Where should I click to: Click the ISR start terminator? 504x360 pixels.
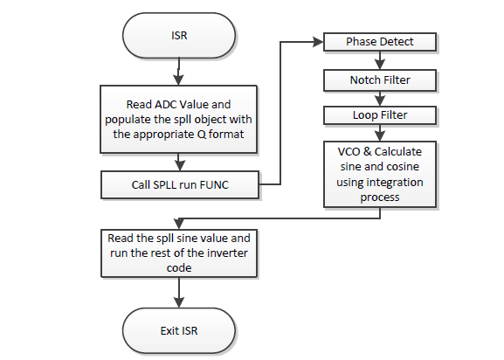pyautogui.click(x=178, y=36)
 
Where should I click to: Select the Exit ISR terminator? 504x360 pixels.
pyautogui.click(x=178, y=332)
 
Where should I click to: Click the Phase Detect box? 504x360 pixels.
pyautogui.click(x=379, y=42)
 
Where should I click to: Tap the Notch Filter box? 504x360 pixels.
pyautogui.click(x=379, y=80)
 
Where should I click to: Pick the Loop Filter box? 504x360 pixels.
pyautogui.click(x=379, y=115)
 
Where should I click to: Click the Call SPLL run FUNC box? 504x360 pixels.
pyautogui.click(x=179, y=184)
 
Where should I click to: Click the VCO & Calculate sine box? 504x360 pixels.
pyautogui.click(x=379, y=174)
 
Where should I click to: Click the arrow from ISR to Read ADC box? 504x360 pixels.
pyautogui.click(x=178, y=72)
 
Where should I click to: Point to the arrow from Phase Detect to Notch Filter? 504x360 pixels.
pyautogui.click(x=379, y=61)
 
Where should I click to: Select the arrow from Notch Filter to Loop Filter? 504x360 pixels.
pyautogui.click(x=379, y=98)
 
